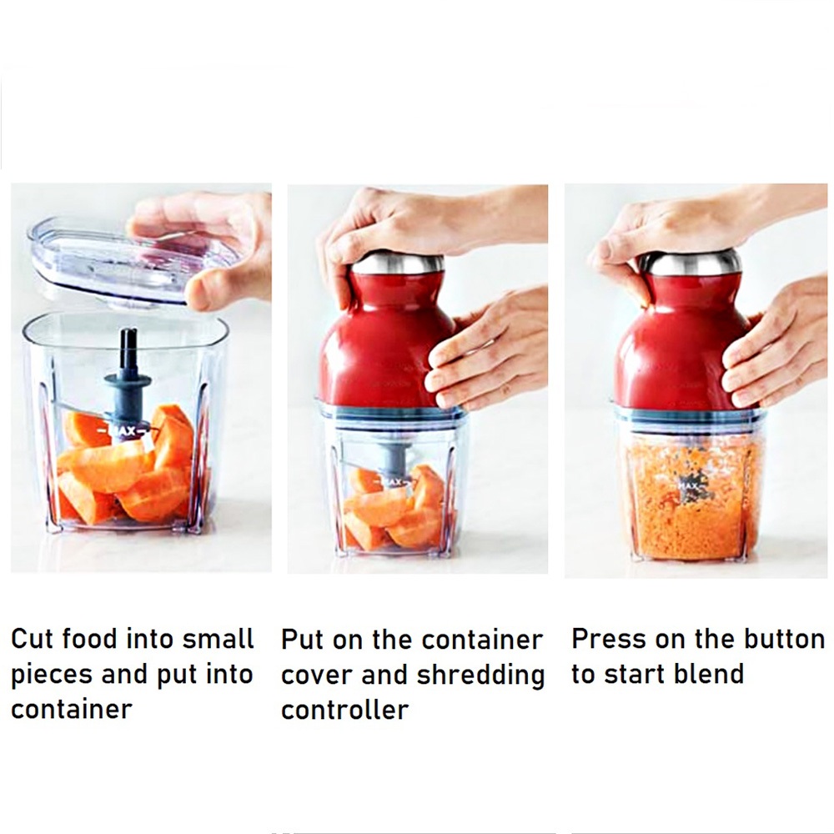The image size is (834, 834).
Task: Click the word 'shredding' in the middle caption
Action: click(480, 675)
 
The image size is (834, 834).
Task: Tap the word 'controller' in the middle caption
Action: click(344, 710)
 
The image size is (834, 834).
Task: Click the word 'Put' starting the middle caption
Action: click(302, 640)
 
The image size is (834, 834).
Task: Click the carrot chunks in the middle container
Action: click(392, 509)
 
